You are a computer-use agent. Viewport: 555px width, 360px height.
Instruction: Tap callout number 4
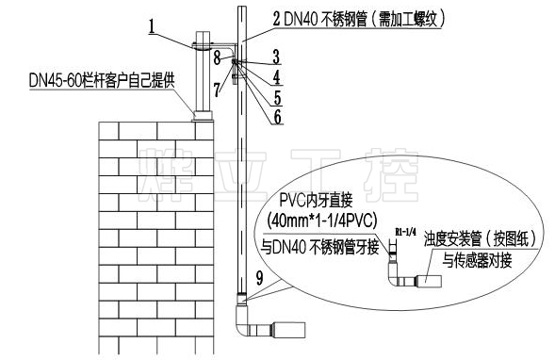click(276, 74)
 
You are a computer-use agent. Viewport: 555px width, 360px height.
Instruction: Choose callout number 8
click(216, 58)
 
